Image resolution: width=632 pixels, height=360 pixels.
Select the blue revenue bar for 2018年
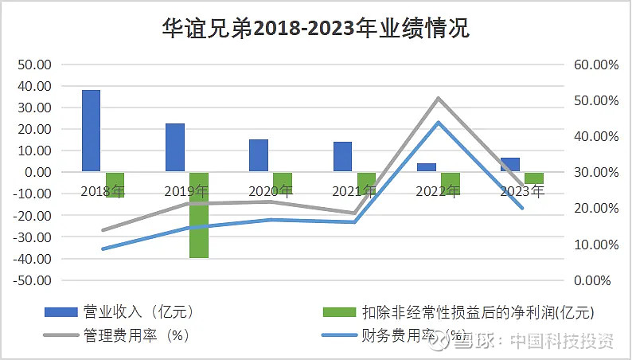coord(92,131)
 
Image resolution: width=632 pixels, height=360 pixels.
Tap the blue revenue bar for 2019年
coord(175,147)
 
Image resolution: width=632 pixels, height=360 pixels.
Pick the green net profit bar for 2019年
coord(199,215)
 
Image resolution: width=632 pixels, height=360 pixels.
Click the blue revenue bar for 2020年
coord(259,155)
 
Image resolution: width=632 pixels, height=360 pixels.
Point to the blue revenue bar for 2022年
coord(427,167)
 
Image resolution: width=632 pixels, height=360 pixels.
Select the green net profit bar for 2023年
coord(534,178)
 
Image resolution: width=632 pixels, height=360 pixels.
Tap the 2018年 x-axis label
coord(103,191)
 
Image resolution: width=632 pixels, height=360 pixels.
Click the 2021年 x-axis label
coord(354,191)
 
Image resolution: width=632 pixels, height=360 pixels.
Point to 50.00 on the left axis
coord(34,65)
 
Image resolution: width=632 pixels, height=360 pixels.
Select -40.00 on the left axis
coord(33,259)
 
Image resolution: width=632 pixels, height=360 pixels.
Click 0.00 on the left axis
coord(37,172)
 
